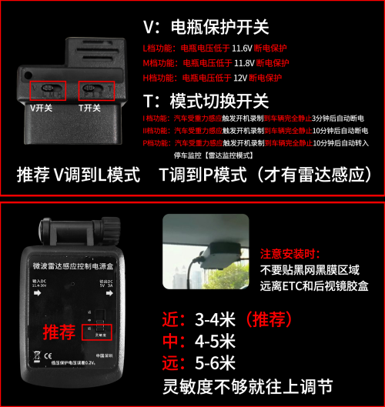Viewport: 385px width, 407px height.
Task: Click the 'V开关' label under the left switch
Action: pos(42,108)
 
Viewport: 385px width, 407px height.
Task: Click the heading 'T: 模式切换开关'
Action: pos(206,101)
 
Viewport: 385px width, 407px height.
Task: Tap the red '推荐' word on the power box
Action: pos(60,332)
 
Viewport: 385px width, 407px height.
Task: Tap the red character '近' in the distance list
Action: pos(172,319)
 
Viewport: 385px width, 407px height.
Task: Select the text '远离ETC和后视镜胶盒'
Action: pos(313,286)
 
